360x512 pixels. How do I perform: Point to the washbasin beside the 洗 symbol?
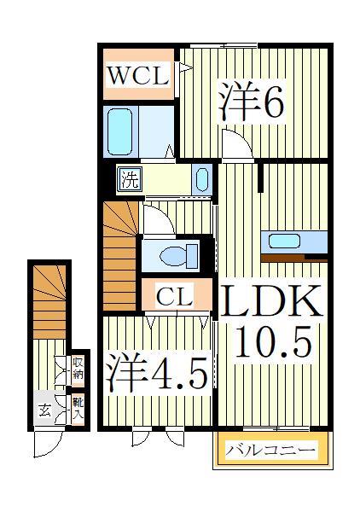201,180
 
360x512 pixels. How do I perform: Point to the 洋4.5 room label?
157,374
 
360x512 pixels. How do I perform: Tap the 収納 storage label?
78,369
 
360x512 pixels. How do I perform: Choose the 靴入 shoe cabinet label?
78,408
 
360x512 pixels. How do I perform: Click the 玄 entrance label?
44,410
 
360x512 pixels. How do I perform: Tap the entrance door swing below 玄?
47,442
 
